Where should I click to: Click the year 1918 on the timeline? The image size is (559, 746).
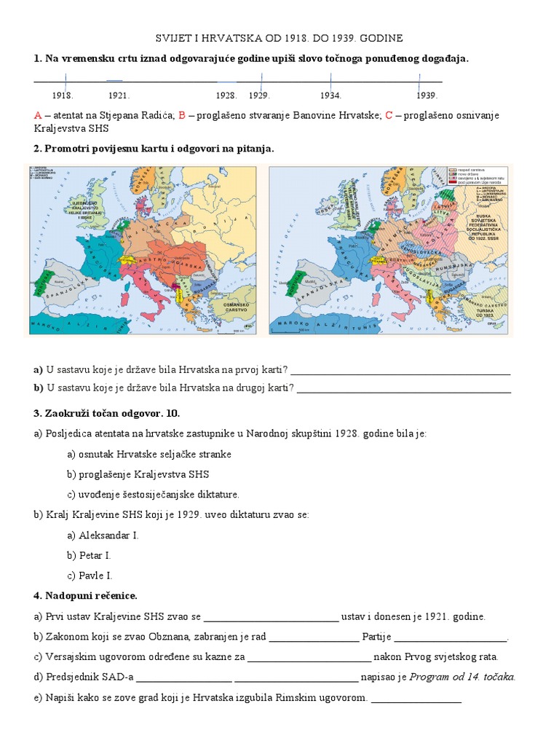(63, 95)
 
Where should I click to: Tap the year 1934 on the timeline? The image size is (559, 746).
(330, 95)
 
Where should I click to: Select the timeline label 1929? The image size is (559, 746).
(259, 95)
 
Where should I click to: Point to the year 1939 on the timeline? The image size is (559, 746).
(427, 95)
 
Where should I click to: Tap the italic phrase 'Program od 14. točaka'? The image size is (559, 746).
(462, 677)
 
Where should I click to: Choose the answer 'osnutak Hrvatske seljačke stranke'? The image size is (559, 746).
(149, 454)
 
